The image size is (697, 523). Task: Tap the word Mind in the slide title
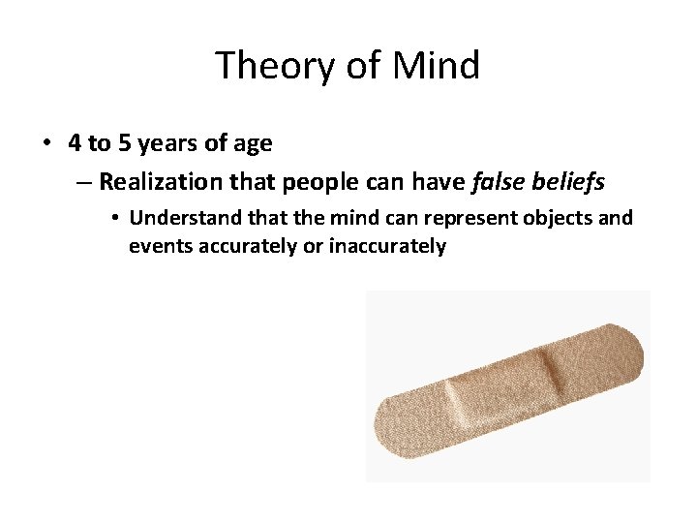(x=436, y=66)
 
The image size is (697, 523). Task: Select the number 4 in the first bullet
(x=75, y=144)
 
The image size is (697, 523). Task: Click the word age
(x=253, y=144)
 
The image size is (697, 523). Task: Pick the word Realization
(x=159, y=181)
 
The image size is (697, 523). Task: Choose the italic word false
(x=500, y=181)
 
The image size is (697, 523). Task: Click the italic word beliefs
(x=571, y=181)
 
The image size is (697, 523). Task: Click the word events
(x=161, y=246)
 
